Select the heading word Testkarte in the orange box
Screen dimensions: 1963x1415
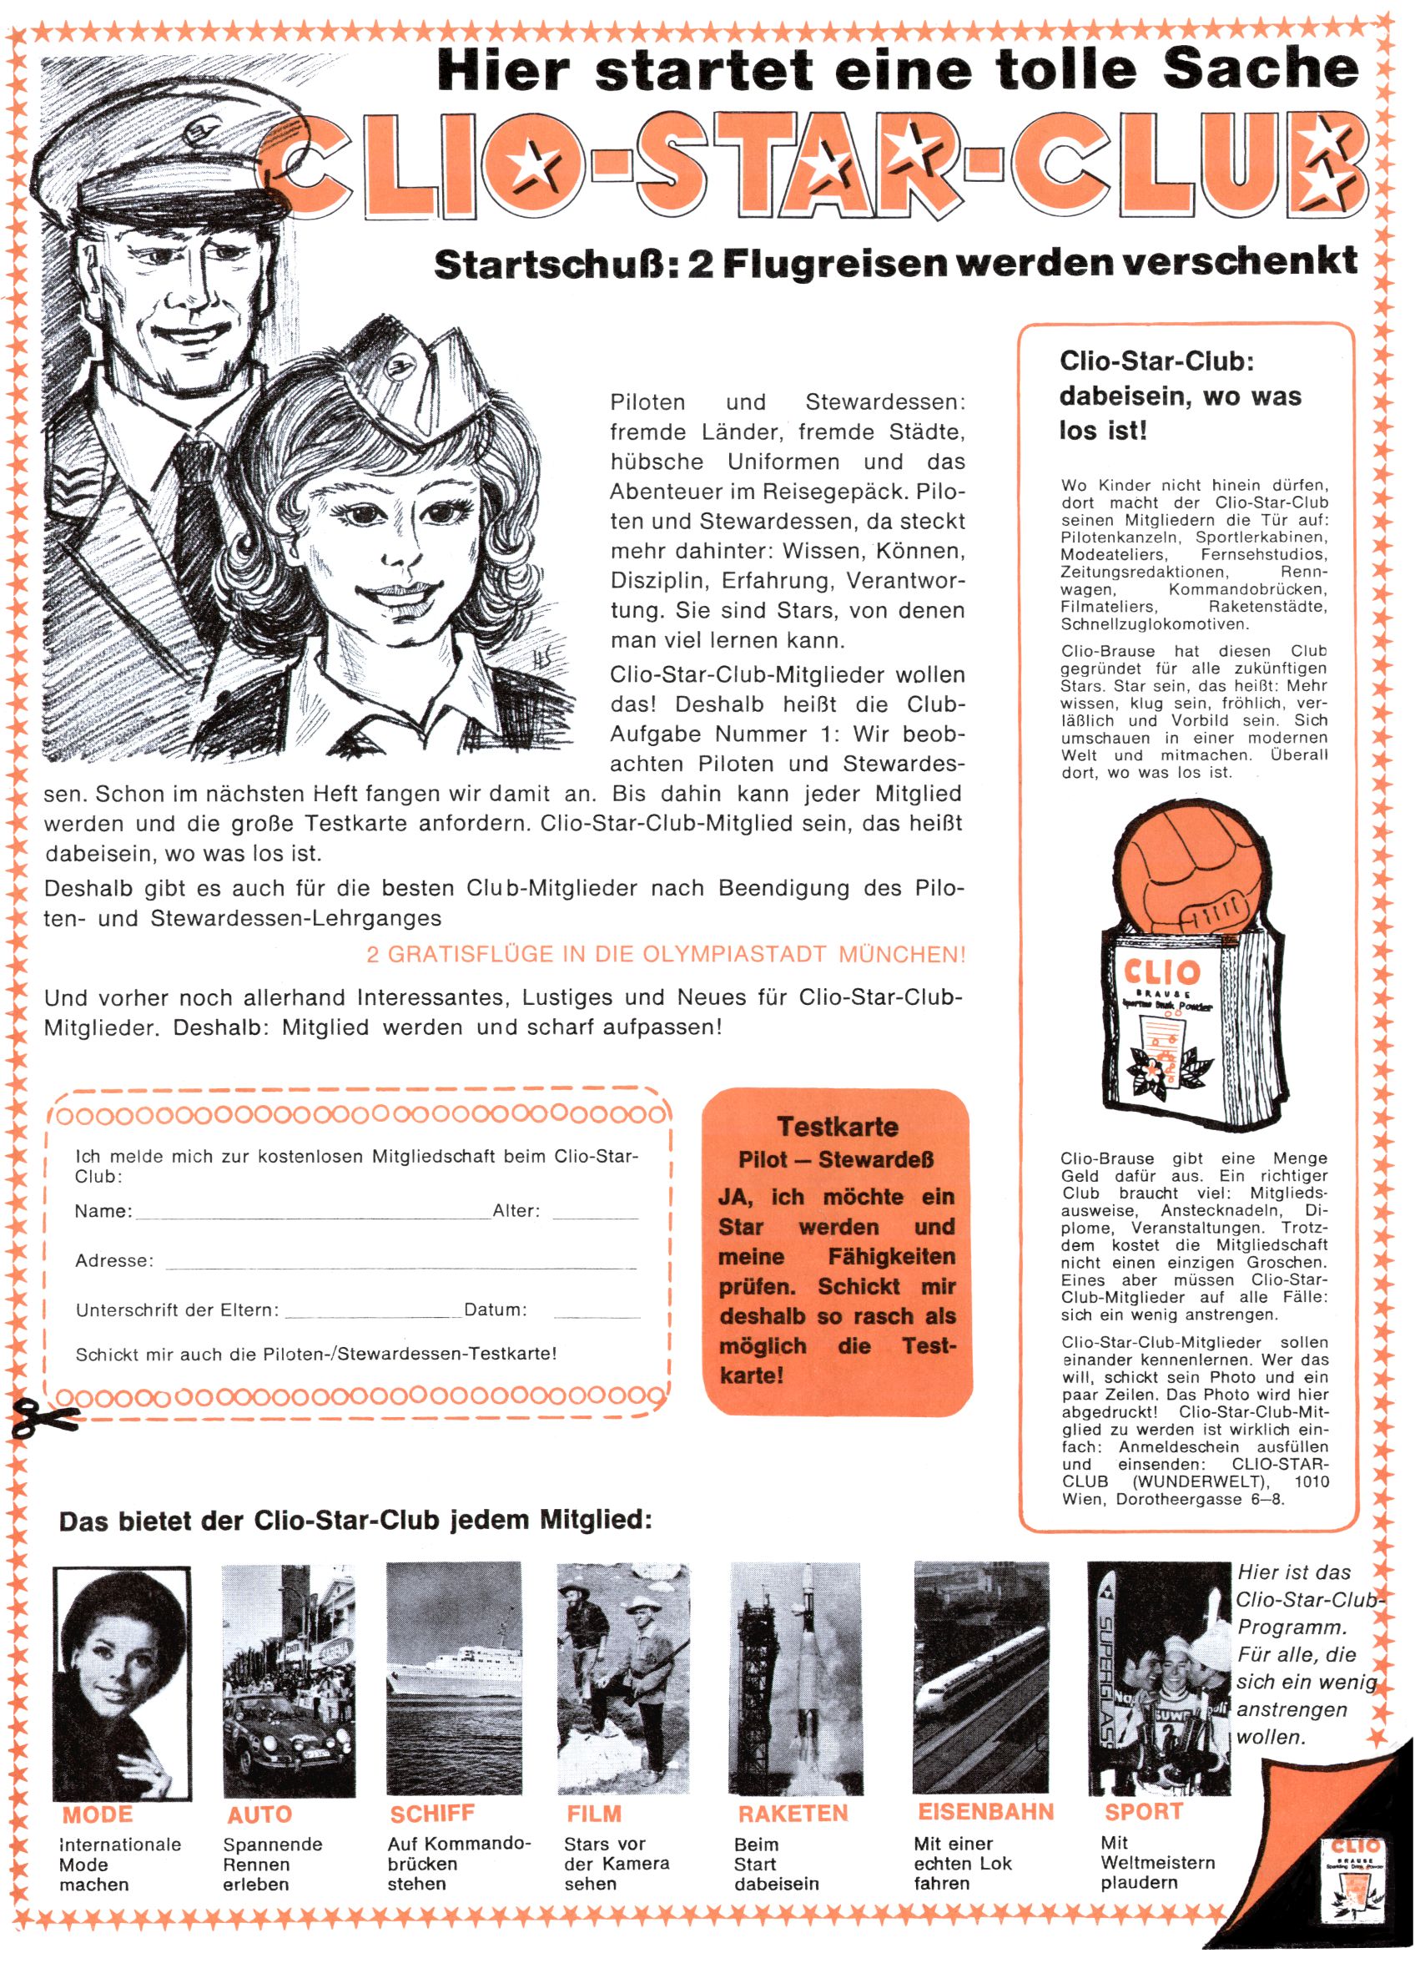coord(837,1126)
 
